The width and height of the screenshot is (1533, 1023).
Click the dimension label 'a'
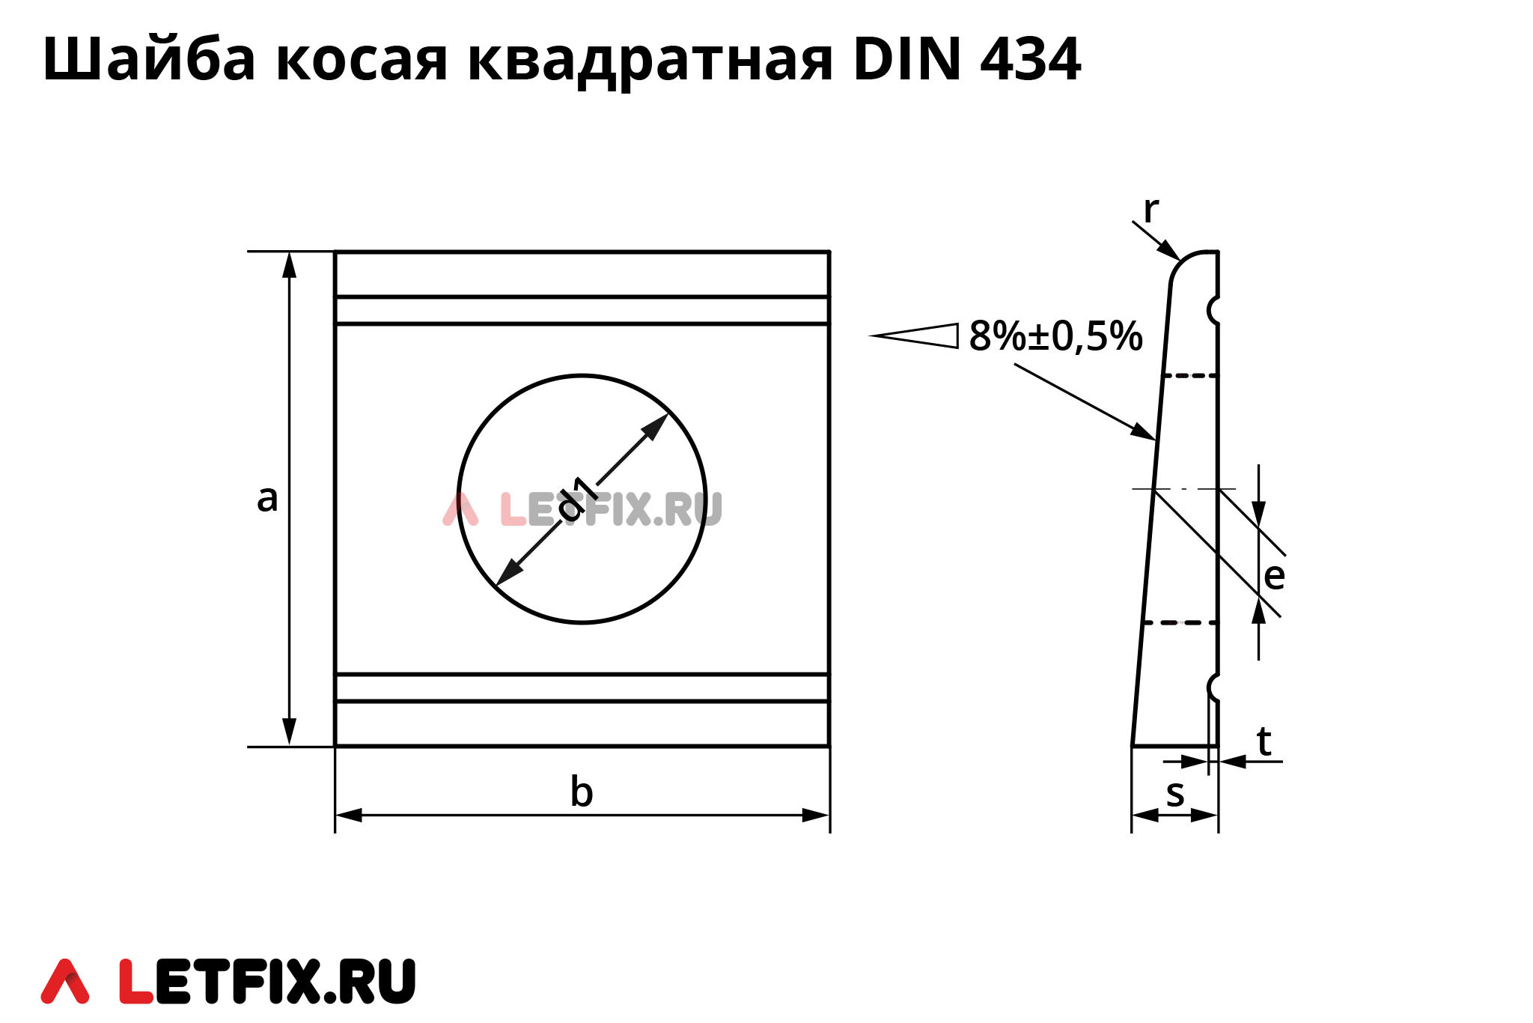267,499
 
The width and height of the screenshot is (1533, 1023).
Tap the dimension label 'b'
582,792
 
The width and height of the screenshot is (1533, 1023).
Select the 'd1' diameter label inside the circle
578,497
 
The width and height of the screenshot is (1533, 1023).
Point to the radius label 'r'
1150,210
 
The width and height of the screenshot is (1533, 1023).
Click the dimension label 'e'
1274,576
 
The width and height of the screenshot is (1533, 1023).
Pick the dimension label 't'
1264,741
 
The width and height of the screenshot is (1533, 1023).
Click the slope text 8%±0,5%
1055,336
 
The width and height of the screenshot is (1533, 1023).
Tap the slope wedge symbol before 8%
917,336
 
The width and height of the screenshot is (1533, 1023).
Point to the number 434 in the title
1030,60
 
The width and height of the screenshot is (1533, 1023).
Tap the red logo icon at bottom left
65,981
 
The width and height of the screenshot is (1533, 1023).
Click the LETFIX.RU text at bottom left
267,981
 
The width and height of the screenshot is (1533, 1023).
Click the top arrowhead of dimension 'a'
290,264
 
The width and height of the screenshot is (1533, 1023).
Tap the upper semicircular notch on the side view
1213,310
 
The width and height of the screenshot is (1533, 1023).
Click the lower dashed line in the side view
1180,622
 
